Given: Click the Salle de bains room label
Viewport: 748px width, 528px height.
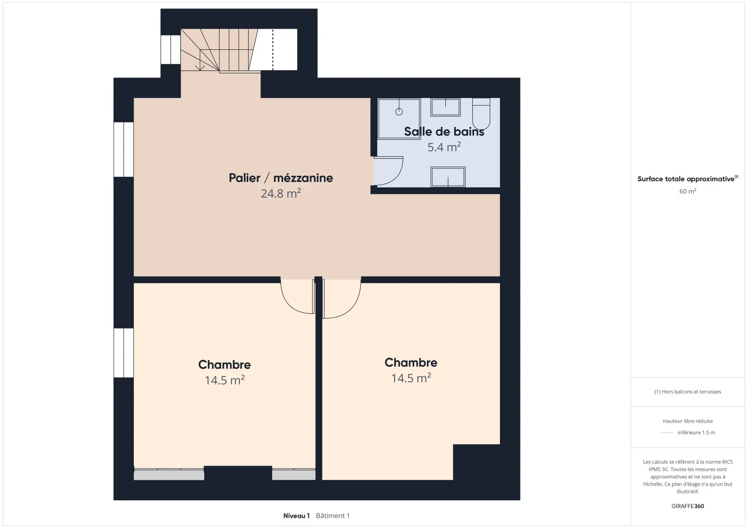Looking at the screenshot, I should point(444,132).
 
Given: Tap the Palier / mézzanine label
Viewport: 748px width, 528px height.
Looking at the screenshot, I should point(281,178).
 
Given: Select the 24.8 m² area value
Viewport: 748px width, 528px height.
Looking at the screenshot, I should point(281,194).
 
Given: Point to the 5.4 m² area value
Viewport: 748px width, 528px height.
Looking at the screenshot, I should point(444,147).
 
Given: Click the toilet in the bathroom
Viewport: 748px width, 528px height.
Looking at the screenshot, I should point(481,113).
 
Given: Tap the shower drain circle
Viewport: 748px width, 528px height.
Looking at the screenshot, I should point(399,112).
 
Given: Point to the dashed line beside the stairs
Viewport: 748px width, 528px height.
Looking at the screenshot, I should point(273,49).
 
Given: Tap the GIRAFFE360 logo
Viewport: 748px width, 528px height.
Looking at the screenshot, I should point(688,506).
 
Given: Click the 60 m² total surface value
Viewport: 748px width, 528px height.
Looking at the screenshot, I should point(688,191).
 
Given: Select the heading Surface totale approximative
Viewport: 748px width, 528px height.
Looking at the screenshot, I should point(686,179).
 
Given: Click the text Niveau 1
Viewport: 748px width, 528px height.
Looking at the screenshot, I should point(297,516).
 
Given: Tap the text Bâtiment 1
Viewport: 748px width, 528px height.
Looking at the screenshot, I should point(333,516).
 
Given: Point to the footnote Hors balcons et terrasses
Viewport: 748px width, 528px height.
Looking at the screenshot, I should point(688,392).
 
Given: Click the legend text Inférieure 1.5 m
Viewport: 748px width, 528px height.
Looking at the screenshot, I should point(696,433).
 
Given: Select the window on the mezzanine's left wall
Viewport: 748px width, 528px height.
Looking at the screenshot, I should point(124,149).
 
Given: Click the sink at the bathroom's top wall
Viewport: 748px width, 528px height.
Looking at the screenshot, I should point(445,108).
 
